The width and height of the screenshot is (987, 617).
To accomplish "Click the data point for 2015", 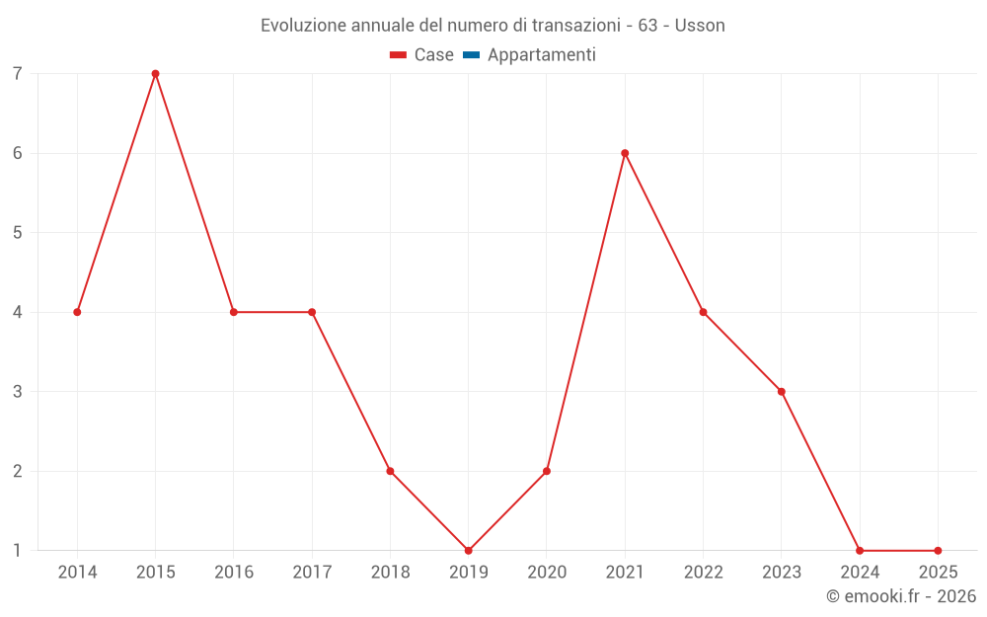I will pyautogui.click(x=155, y=74).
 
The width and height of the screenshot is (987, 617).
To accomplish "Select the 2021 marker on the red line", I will pyautogui.click(x=625, y=153).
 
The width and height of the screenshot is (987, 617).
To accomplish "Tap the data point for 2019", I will pyautogui.click(x=469, y=551).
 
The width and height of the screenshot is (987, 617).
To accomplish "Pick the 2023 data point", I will pyautogui.click(x=782, y=392).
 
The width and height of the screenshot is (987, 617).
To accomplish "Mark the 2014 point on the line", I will pyautogui.click(x=77, y=312).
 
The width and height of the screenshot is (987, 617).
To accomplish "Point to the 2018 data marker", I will pyautogui.click(x=390, y=471).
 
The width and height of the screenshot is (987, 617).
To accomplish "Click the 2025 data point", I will pyautogui.click(x=938, y=551).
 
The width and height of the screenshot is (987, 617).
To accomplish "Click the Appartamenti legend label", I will pyautogui.click(x=541, y=55).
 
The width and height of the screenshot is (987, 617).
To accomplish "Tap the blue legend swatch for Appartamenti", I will pyautogui.click(x=471, y=55).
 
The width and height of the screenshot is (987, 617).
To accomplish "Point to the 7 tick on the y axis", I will pyautogui.click(x=18, y=74).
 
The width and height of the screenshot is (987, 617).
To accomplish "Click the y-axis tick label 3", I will pyautogui.click(x=18, y=392).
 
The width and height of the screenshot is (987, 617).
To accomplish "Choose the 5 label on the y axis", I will pyautogui.click(x=18, y=233).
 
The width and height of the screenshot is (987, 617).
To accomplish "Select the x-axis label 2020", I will pyautogui.click(x=547, y=573).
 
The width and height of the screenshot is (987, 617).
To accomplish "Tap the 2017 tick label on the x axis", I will pyautogui.click(x=312, y=573).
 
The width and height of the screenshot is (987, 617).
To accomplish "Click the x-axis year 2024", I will pyautogui.click(x=860, y=573).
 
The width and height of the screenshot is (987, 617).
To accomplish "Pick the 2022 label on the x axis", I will pyautogui.click(x=703, y=573).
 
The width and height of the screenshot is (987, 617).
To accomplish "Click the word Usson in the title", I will pyautogui.click(x=700, y=26).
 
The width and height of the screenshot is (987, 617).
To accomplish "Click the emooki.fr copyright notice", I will pyautogui.click(x=901, y=596).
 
